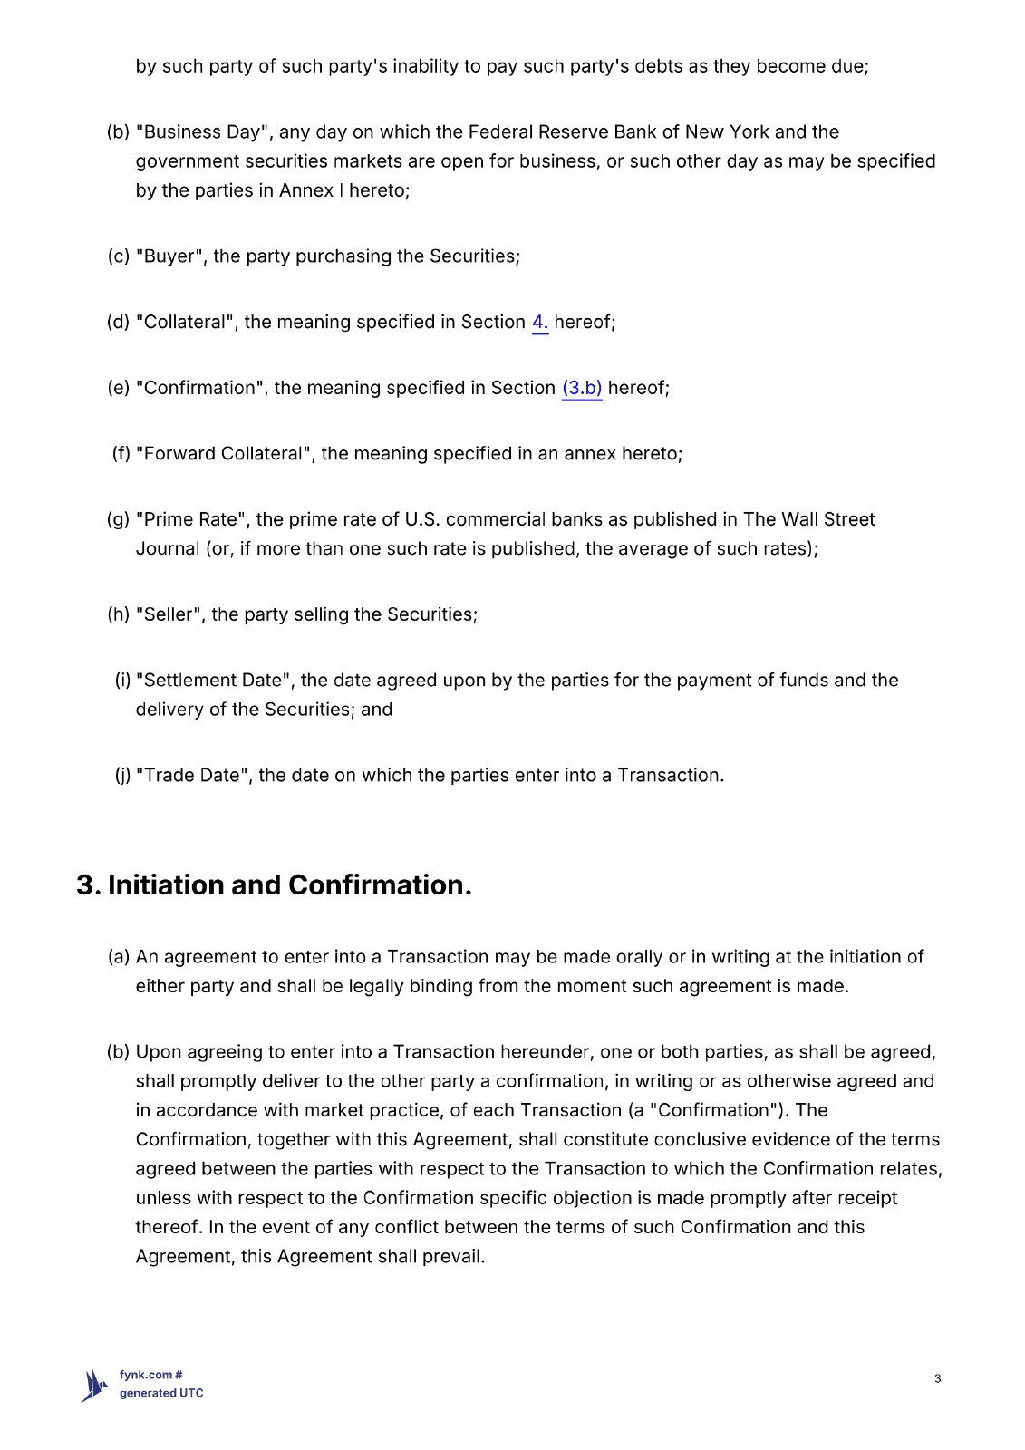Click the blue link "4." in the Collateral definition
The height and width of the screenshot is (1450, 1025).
(x=539, y=323)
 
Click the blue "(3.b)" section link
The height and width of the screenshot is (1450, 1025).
(x=582, y=389)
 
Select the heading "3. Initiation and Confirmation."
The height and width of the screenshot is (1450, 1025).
(x=274, y=884)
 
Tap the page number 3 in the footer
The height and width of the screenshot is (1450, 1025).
(x=937, y=1378)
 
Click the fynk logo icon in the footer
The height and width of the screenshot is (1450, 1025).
(x=94, y=1385)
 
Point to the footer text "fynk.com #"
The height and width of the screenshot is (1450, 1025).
(x=151, y=1375)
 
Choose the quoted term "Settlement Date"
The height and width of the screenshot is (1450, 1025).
(x=213, y=681)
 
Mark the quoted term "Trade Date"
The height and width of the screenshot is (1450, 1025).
(x=192, y=776)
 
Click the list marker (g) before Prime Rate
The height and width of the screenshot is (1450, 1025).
(x=118, y=520)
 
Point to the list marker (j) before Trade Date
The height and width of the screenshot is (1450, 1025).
(x=122, y=776)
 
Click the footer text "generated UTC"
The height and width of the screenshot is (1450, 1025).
(x=161, y=1393)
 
